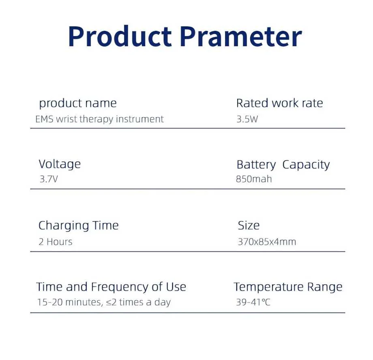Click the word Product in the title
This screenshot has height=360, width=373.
point(120,36)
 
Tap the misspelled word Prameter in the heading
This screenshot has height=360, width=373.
point(240,36)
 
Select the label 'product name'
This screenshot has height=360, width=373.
point(78,103)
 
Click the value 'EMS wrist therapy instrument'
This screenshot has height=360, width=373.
point(99,119)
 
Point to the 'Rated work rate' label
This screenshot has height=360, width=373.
point(279,103)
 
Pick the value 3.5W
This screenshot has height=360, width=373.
point(247,119)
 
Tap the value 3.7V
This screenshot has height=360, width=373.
point(49,179)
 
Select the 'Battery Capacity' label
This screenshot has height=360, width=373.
point(283,165)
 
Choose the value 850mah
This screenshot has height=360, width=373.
point(254,179)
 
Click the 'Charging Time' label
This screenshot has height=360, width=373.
point(79,225)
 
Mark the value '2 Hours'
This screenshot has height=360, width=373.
point(56,242)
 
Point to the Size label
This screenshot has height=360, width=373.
point(249,225)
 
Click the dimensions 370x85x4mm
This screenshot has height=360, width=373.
point(267,242)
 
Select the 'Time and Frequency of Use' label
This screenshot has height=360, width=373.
point(111,287)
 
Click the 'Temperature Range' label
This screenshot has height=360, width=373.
point(288,287)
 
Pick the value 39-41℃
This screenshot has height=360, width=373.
point(253,302)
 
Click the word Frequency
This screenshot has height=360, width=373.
point(120,287)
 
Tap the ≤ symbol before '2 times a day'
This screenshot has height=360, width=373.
point(109,302)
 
